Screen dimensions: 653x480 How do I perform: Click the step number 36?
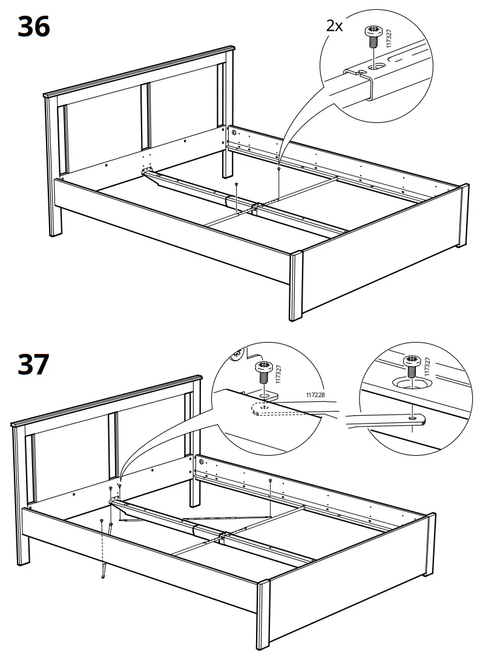tap(34, 27)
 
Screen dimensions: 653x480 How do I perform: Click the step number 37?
tap(34, 364)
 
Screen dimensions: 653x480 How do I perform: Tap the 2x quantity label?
tap(334, 26)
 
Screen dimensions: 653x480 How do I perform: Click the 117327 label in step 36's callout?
tap(389, 38)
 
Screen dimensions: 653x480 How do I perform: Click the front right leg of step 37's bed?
tap(263, 611)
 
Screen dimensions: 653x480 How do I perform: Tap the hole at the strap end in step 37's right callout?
tap(412, 418)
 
